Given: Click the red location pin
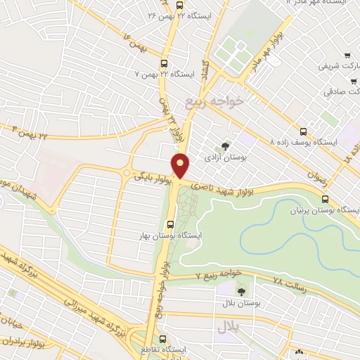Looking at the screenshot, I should [181, 165].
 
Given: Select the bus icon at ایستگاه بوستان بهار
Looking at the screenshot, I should [169, 225].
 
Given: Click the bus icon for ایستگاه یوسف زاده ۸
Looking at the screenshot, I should [303, 131].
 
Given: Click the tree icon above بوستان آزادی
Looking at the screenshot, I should [225, 146].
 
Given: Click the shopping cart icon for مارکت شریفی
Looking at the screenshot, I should [347, 55].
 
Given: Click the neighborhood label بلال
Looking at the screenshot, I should [228, 327].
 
